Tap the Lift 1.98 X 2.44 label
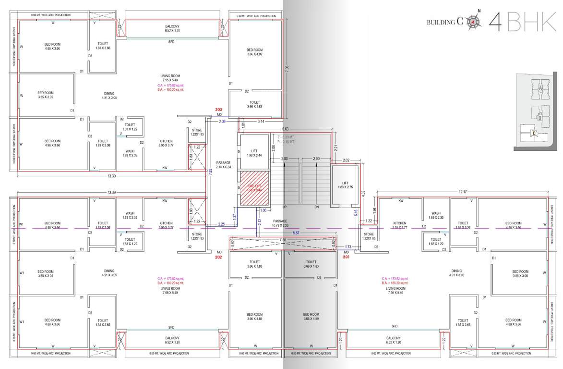tap(254, 153)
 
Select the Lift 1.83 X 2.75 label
tap(345, 184)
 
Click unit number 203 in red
tap(219, 110)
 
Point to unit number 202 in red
tap(218, 258)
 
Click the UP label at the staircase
tap(284, 207)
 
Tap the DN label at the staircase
tap(316, 207)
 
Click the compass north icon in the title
tap(474, 21)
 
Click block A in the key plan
tap(540, 88)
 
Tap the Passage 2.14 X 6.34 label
tap(224, 165)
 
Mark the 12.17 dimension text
tap(463, 192)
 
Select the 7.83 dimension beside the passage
tap(210, 171)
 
